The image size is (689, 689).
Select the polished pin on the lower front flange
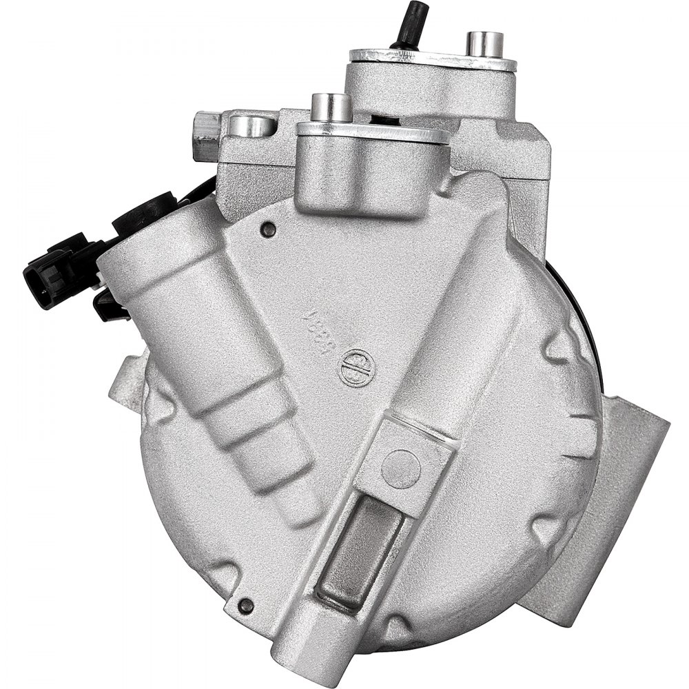pos(331,107)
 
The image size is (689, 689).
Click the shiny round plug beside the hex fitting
pos(251,125)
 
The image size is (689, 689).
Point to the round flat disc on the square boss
pos(400,469)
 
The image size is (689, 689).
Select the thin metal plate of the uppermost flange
pos(433,60)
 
